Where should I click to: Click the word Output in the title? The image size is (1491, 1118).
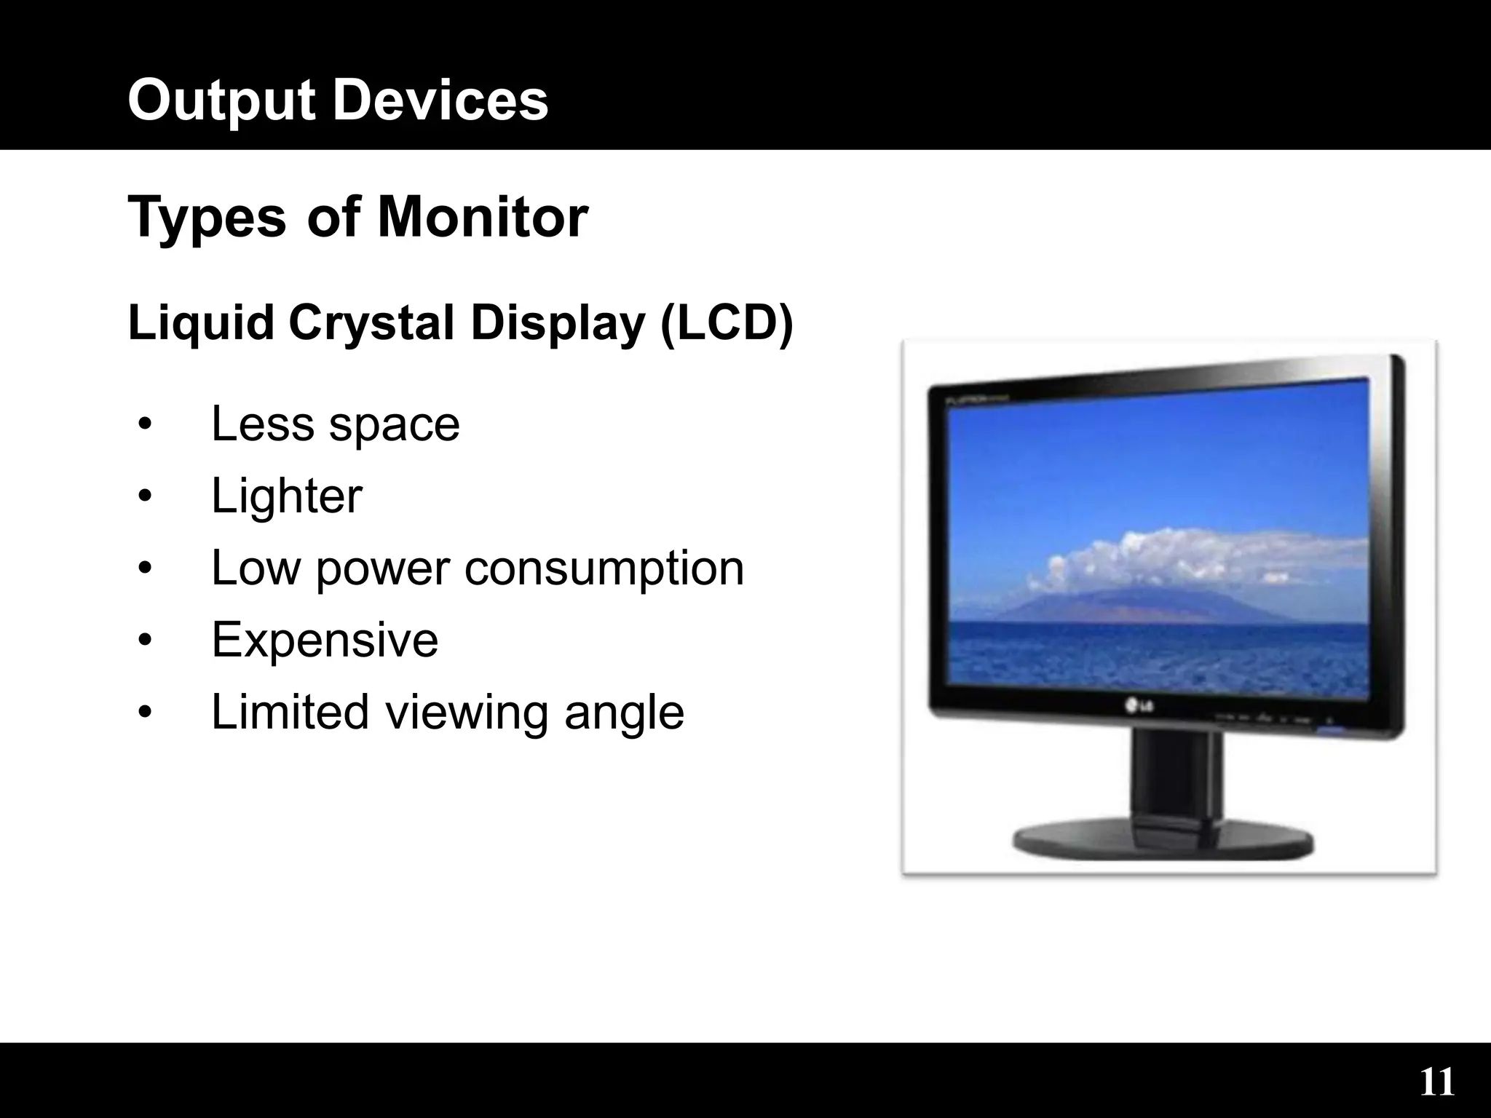click(221, 101)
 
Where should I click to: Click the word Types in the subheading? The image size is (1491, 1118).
click(207, 218)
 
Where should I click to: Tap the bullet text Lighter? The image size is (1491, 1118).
click(286, 496)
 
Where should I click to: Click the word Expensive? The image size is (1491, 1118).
click(325, 640)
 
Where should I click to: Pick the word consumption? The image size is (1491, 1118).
click(604, 568)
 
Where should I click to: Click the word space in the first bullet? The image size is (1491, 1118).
click(394, 424)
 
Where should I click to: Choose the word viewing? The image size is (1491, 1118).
click(466, 713)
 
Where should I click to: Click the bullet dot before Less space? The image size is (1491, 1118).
click(145, 424)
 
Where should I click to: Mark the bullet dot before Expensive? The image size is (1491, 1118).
click(145, 640)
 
